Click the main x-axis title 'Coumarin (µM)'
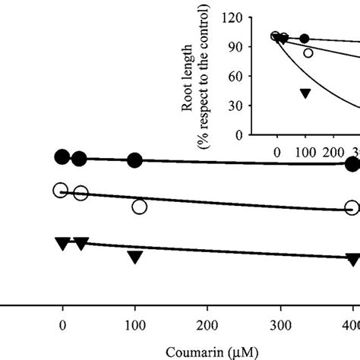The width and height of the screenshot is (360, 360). click(x=212, y=352)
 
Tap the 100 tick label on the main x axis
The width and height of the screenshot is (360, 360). click(x=135, y=326)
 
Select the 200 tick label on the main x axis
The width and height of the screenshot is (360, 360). click(x=207, y=326)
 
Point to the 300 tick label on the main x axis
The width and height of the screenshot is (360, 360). click(x=280, y=326)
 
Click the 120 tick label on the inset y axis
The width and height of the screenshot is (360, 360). click(x=232, y=18)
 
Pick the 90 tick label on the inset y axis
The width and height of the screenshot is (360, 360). click(x=235, y=47)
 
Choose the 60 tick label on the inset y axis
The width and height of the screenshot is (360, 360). click(x=235, y=77)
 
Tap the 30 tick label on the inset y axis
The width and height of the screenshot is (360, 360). click(x=235, y=106)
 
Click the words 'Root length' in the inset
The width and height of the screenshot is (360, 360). click(x=188, y=78)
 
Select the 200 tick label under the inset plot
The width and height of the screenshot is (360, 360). click(x=333, y=153)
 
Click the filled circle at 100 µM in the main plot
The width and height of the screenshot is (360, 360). click(x=134, y=160)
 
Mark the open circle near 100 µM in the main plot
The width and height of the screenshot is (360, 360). click(x=140, y=207)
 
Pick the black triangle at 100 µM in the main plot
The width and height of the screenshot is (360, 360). click(x=135, y=257)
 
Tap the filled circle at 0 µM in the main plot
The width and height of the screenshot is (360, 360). click(x=62, y=156)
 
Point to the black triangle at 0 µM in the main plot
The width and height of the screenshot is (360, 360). click(x=63, y=243)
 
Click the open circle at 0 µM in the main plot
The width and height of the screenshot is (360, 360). click(x=61, y=190)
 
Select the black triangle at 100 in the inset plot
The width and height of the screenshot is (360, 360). click(x=305, y=93)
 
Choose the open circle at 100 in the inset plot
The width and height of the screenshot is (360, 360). click(x=308, y=53)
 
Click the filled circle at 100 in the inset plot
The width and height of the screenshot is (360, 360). click(x=305, y=39)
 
